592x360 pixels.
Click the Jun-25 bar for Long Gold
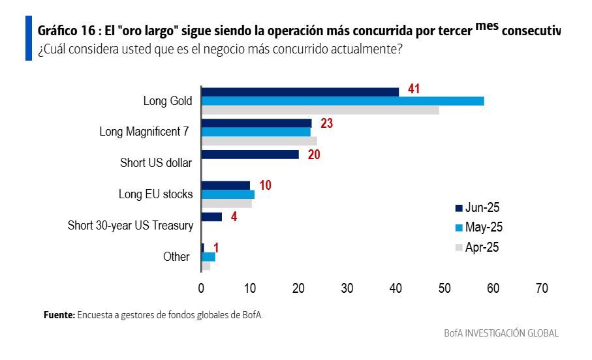coord(300,92)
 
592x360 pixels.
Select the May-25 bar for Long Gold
coord(342,101)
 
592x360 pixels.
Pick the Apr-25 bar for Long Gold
coord(320,110)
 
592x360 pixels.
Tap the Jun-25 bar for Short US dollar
coord(250,155)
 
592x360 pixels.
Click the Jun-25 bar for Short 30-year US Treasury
coord(211,217)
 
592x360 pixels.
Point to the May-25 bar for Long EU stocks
coord(228,194)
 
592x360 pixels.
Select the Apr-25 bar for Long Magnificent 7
coord(259,141)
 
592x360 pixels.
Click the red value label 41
coord(413,89)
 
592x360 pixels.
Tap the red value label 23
coord(327,123)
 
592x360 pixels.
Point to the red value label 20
coord(314,155)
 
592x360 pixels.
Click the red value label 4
coord(234,217)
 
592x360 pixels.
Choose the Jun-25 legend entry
coord(478,207)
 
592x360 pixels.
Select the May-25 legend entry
coord(478,228)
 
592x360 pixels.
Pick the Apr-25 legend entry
coord(478,247)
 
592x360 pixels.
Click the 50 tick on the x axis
coord(444,288)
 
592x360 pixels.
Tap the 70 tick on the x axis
coord(541,288)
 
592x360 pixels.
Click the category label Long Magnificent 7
coord(144,132)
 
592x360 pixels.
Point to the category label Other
coord(176,257)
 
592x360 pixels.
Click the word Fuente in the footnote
coord(59,315)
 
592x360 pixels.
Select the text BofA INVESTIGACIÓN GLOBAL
coord(501,333)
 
